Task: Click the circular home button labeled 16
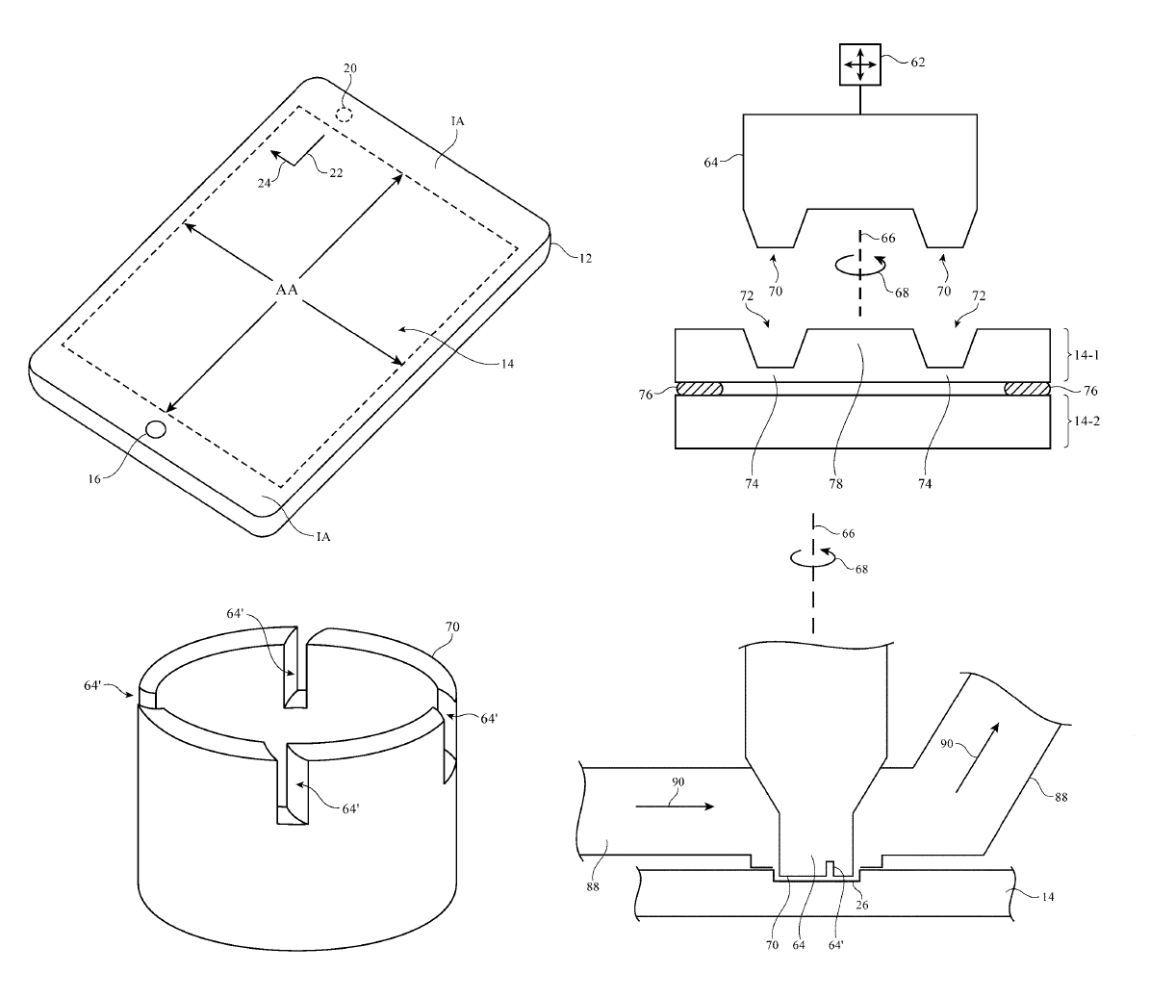click(x=156, y=430)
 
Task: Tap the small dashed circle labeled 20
click(x=345, y=115)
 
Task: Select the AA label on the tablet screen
click(x=287, y=290)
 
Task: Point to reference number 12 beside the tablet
click(x=584, y=258)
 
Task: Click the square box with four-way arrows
click(x=859, y=65)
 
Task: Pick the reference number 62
click(x=918, y=62)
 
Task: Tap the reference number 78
click(x=835, y=485)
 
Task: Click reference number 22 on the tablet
click(x=336, y=172)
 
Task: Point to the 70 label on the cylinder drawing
click(x=452, y=627)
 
